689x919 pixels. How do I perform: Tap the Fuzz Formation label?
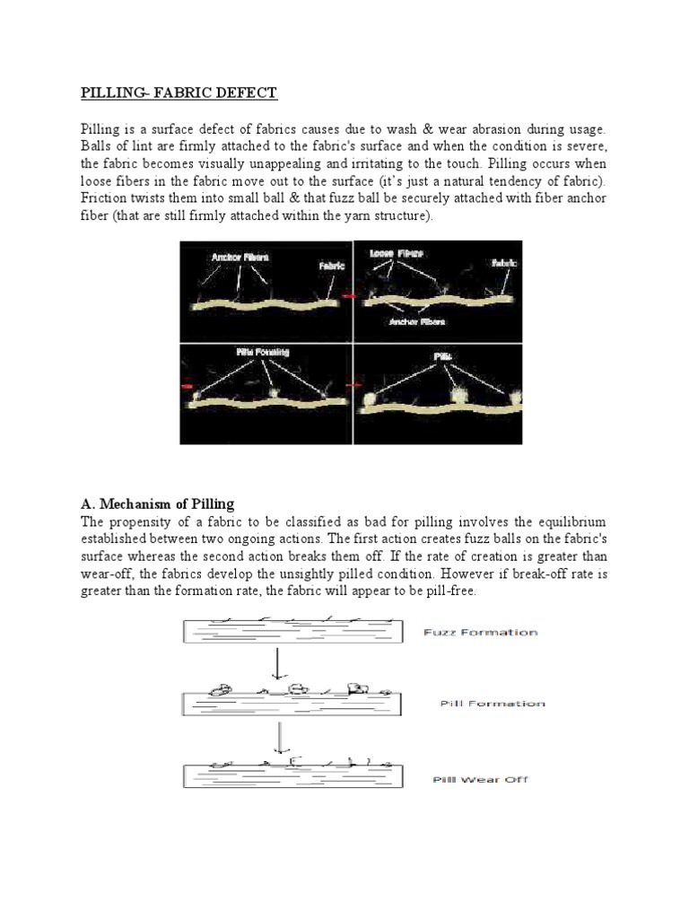(480, 633)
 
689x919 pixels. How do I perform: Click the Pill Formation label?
(492, 704)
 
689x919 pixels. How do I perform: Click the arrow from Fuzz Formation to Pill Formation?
(282, 664)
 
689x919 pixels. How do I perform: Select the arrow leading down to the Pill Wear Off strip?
(282, 738)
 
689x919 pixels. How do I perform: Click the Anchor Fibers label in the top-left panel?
(240, 257)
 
